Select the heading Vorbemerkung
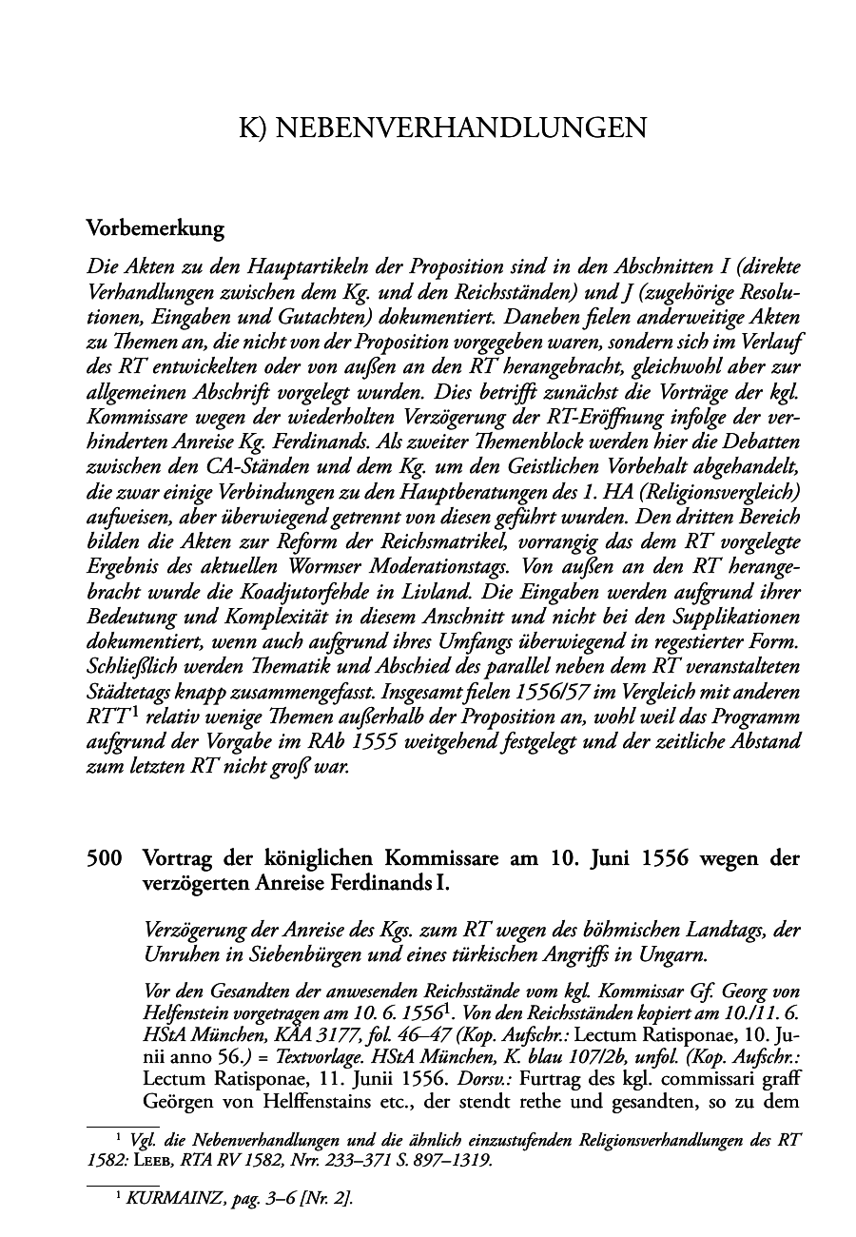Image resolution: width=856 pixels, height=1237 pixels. tap(155, 228)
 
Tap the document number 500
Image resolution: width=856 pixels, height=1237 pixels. tap(104, 858)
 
